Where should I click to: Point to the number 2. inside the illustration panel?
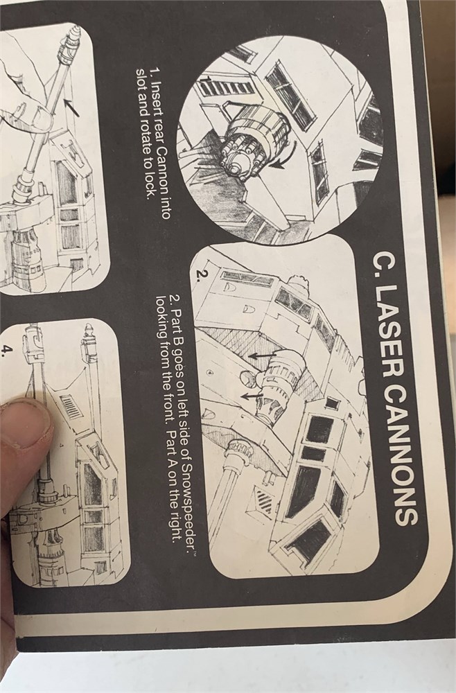(201, 275)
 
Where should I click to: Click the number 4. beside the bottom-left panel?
(6, 351)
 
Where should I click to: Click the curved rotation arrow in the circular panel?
(285, 157)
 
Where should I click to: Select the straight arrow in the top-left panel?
(71, 108)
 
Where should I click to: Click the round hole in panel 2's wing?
(247, 378)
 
